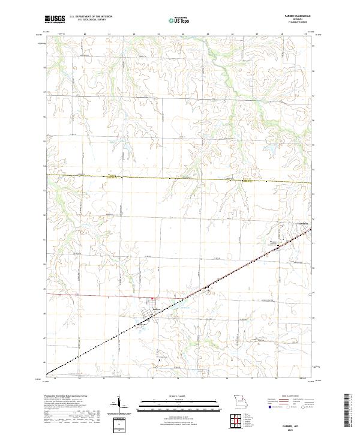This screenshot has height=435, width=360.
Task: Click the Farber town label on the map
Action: tap(155, 310)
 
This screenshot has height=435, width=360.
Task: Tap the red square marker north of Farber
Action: tap(152, 298)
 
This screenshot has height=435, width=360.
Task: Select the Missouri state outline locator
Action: tap(240, 400)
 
